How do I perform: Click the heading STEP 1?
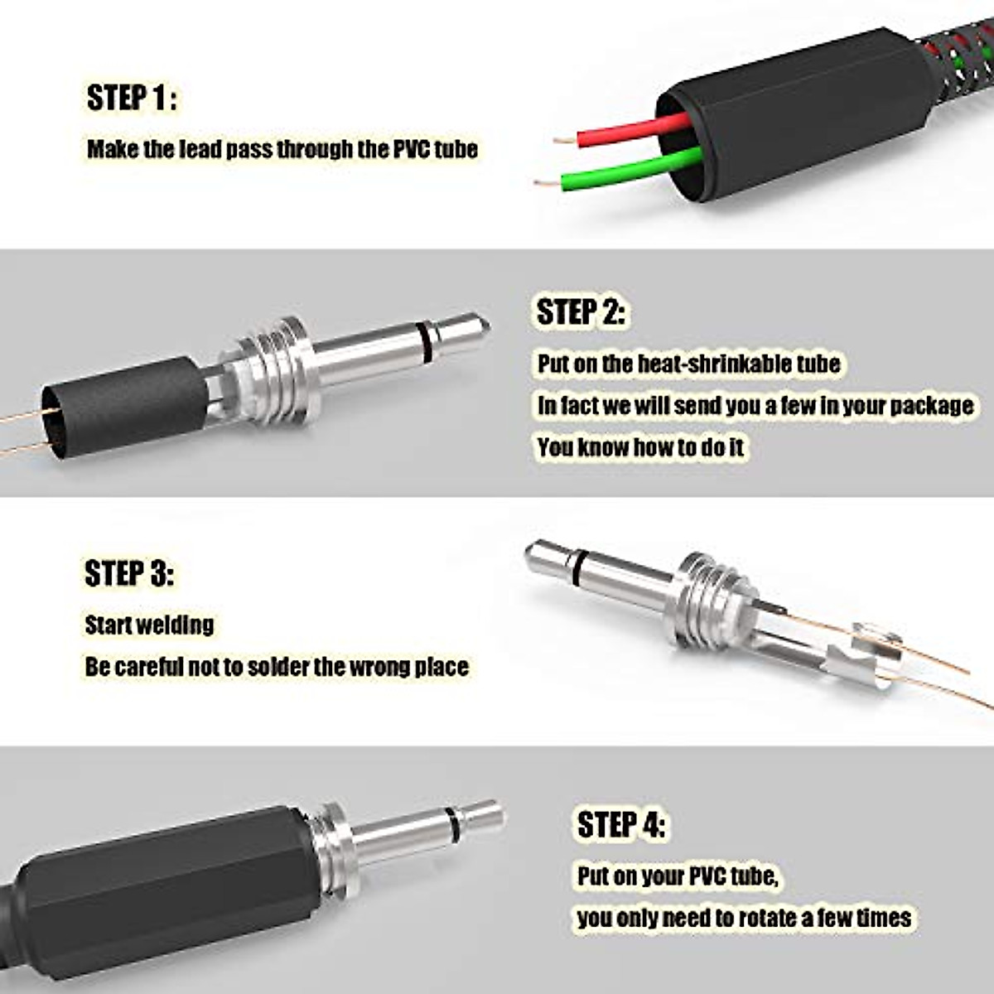click(x=132, y=98)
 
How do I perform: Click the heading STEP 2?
click(x=581, y=312)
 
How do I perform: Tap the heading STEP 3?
click(x=129, y=573)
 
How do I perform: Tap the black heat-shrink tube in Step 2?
click(x=124, y=406)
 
